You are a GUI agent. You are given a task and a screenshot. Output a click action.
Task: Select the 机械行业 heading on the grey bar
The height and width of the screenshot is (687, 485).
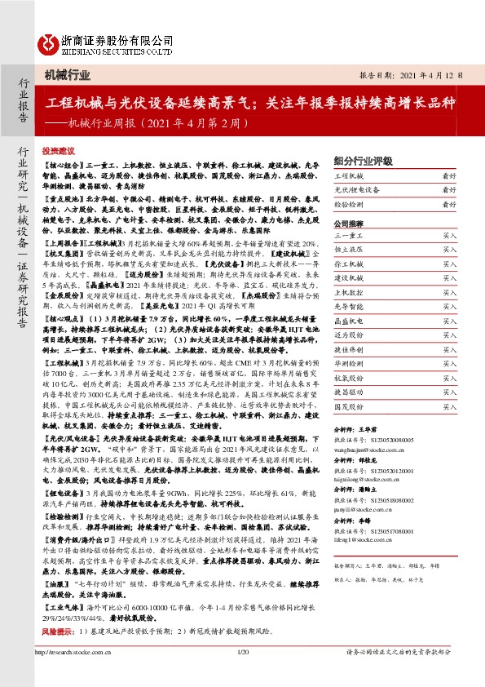click(x=67, y=75)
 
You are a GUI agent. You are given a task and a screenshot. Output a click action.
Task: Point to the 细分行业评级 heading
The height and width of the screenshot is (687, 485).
click(x=364, y=161)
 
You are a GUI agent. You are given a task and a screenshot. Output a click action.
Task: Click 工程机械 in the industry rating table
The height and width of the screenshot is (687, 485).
click(x=351, y=176)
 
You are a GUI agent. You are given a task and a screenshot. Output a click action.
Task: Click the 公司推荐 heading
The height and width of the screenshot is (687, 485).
click(x=351, y=223)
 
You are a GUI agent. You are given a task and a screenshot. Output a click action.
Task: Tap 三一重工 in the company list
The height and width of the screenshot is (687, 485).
click(x=350, y=235)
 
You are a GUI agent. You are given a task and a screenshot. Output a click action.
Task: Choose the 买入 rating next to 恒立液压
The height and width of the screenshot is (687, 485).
click(x=449, y=249)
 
